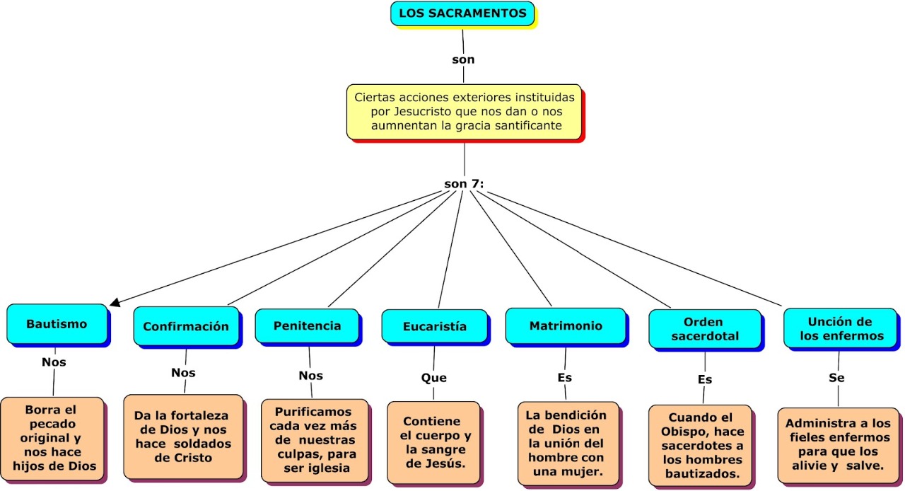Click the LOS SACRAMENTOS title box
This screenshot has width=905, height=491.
462,13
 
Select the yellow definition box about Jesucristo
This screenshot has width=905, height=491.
465,112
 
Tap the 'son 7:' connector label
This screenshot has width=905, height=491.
464,184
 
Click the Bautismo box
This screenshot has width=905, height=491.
57,324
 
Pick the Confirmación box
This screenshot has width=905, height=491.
186,326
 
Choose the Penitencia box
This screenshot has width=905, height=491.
307,325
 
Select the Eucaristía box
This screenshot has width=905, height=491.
435,326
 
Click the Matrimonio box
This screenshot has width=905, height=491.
566,325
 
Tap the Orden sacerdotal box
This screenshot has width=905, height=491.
705,329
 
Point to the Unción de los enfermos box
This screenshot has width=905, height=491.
841,328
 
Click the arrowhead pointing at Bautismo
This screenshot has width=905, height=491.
115,303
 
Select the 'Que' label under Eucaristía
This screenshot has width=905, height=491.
434,378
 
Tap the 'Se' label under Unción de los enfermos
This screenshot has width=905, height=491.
836,378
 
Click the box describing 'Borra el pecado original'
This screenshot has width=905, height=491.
52,439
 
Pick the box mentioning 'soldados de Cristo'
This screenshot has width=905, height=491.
183,437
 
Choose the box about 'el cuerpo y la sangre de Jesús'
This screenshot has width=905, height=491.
433,442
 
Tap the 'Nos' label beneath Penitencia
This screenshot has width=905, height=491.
310,376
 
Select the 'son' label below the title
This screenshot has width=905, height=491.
463,60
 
